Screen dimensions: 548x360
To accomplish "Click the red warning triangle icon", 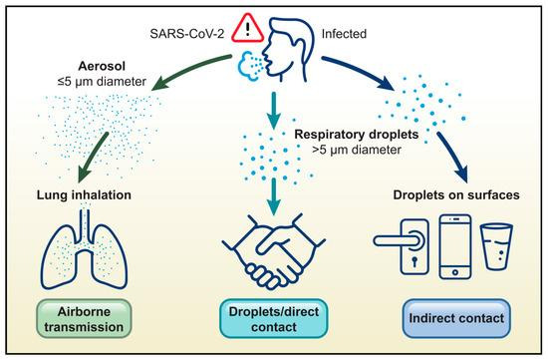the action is [248, 28].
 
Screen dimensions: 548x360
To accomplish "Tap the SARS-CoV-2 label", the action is [187, 34].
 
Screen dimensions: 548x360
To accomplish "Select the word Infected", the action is [344, 34].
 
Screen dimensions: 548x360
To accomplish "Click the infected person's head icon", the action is [288, 49].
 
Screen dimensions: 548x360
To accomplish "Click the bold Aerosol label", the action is [102, 66].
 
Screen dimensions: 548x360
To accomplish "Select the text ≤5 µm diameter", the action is [102, 82].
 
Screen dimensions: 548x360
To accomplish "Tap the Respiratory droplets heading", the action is [357, 135].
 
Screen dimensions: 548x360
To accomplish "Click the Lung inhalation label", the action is [84, 194].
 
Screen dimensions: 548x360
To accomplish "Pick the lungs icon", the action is [84, 249].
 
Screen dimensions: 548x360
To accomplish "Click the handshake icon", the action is [274, 252].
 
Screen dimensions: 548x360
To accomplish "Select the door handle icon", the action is [402, 246].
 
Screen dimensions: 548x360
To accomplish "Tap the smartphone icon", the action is [455, 246].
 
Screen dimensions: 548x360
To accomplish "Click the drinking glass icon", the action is [496, 246].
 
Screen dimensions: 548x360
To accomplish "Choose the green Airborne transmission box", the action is [84, 319].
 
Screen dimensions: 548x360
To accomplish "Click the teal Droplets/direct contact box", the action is [274, 319].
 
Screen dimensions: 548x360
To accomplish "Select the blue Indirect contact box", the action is [456, 319].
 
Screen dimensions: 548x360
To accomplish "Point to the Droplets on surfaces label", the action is [456, 194].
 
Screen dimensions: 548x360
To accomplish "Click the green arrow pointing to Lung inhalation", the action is [92, 157].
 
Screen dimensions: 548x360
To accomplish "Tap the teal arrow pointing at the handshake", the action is [274, 196].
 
